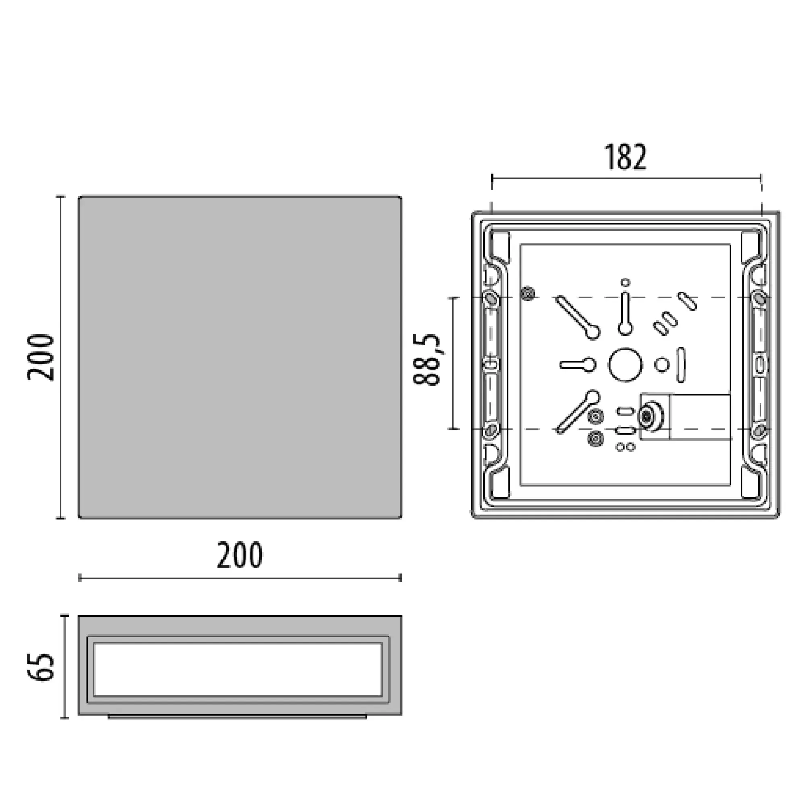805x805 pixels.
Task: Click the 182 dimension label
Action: (x=625, y=157)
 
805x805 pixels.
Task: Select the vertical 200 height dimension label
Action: (x=40, y=357)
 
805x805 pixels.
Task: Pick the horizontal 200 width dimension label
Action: (x=239, y=555)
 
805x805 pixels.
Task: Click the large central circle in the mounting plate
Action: (x=625, y=365)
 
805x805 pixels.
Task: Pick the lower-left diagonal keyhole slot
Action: (x=578, y=412)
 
